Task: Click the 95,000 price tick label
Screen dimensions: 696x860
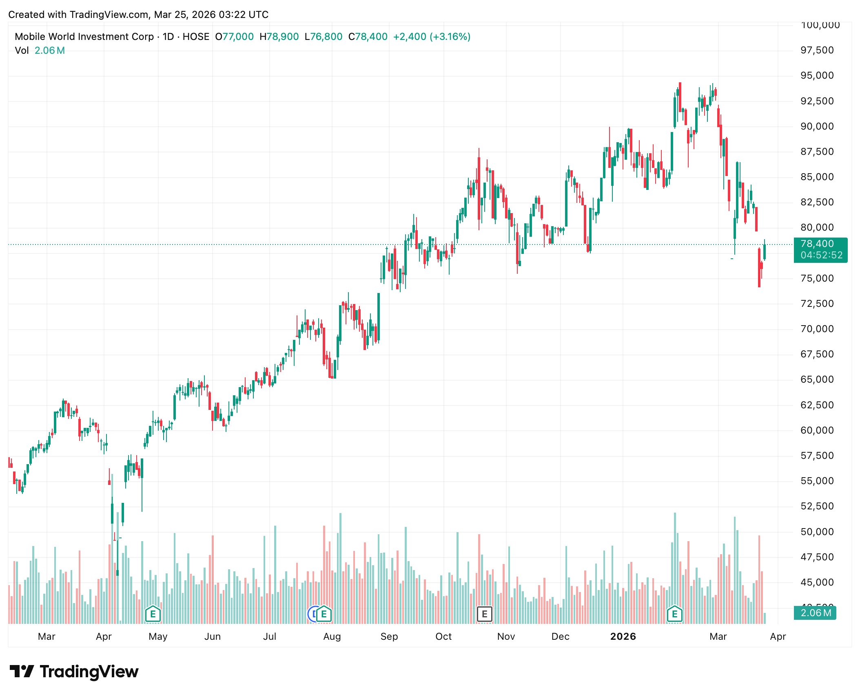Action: (817, 75)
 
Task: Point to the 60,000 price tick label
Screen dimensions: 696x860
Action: (817, 430)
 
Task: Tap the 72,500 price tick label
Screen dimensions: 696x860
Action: (817, 304)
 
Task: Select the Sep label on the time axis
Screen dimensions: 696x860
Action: (389, 637)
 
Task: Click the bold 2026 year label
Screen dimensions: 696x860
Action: (623, 637)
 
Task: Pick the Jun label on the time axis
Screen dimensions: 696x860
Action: (212, 637)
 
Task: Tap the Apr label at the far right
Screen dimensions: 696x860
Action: (778, 637)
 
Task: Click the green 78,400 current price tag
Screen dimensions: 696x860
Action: (820, 249)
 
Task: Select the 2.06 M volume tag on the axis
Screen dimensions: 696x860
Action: (815, 613)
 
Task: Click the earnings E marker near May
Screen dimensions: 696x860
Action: (153, 614)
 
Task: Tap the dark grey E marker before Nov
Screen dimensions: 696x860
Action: (485, 614)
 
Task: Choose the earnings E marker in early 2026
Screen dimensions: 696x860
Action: (674, 614)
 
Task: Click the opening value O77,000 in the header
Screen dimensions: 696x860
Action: (235, 37)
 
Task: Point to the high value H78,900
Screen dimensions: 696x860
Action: (279, 37)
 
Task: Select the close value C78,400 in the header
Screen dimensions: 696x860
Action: (368, 37)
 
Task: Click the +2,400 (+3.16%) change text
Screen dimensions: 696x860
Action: (432, 37)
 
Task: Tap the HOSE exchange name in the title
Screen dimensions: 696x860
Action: (196, 37)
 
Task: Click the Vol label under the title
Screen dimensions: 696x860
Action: (22, 51)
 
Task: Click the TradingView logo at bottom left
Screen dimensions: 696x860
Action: (74, 672)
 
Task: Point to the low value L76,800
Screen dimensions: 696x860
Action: (324, 37)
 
